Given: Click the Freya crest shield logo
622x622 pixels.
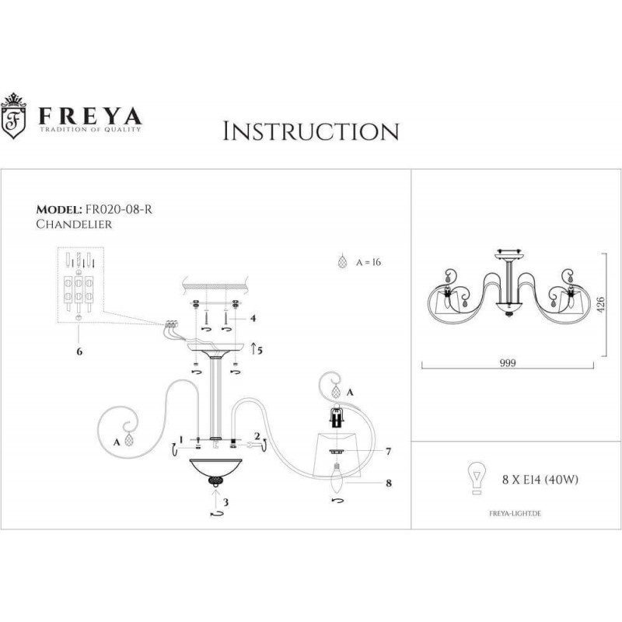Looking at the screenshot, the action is point(13,116).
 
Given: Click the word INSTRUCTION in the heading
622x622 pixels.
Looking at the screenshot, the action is point(310,131).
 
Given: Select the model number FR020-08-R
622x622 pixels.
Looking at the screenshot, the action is point(119,209).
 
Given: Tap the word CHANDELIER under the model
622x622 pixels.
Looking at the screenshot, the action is point(74,224).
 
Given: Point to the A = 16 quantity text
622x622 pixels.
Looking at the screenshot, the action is point(369,262).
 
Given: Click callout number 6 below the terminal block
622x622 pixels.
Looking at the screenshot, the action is point(80,351).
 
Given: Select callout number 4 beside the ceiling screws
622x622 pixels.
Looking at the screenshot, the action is point(253,318).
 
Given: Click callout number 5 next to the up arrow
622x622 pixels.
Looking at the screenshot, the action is point(260,351).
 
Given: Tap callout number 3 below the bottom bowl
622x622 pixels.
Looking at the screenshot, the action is point(225,502).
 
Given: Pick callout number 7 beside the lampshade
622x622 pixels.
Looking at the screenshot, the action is point(388,451).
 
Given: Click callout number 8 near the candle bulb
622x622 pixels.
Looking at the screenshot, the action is point(389,483).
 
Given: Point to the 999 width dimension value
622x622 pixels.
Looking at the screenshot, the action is point(508,363).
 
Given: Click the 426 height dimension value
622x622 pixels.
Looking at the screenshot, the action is point(600,305).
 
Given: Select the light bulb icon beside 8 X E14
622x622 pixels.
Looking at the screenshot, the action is point(477,478).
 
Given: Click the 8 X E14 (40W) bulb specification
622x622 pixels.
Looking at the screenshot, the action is point(540,480).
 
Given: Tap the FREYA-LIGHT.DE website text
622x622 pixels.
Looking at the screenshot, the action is point(515,513).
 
